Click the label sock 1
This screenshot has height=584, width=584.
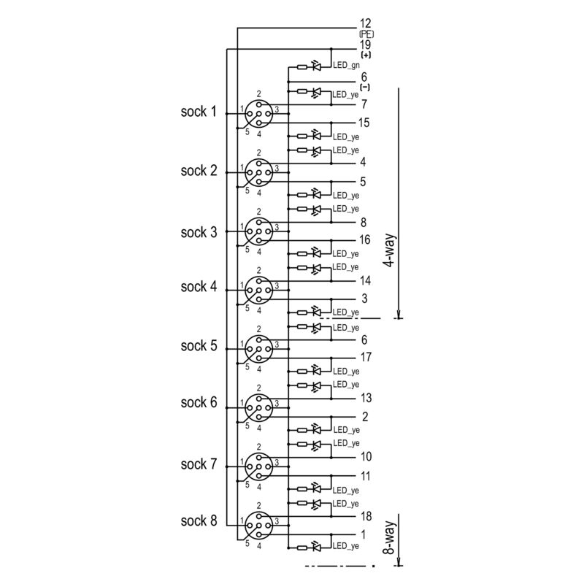199,112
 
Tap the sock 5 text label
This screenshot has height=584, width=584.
199,346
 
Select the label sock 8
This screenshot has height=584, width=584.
199,520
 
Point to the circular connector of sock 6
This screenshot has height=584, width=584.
258,406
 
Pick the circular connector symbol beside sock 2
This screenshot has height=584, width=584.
258,172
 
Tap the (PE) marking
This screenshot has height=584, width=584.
366,34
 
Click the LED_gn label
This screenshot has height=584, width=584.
347,66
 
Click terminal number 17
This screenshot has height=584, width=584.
366,358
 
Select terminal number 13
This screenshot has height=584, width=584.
366,399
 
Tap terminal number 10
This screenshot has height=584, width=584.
366,457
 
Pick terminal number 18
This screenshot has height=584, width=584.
366,515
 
